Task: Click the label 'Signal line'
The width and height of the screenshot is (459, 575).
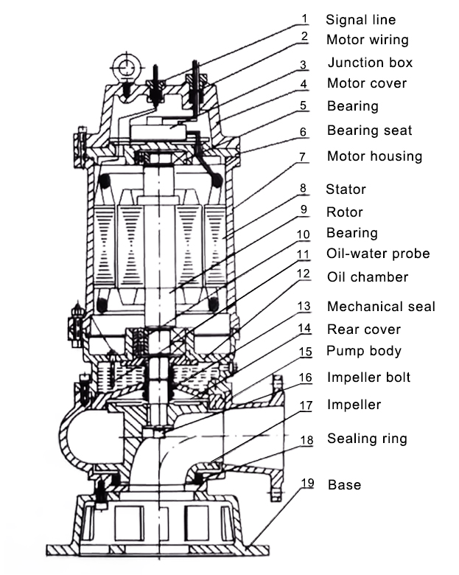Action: pos(361,20)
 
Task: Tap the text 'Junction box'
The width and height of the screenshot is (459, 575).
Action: pos(370,63)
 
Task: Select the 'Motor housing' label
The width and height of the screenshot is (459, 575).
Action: pos(374,156)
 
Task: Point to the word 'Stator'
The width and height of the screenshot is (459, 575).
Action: pos(346,189)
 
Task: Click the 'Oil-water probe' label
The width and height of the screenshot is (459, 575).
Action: pos(378,254)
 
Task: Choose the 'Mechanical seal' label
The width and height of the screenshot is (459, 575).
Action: pos(381,307)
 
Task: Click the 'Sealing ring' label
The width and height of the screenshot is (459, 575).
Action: pos(367,439)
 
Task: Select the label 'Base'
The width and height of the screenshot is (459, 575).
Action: pos(344,484)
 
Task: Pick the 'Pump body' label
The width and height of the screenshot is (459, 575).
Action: pos(364,351)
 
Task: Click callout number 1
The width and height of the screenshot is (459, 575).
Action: pos(304,18)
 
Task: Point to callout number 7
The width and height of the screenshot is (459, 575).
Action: pos(303,156)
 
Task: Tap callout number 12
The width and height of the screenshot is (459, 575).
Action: pos(304,273)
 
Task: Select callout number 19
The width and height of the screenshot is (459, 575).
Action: pos(307,484)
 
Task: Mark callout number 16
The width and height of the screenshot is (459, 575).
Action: pos(305,377)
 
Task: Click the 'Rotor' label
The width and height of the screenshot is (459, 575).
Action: pos(345,212)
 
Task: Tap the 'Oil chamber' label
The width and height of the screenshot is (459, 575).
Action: pos(368,277)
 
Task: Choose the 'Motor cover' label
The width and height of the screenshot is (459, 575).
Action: pos(366,83)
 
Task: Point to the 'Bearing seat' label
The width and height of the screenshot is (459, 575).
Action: pos(369,130)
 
